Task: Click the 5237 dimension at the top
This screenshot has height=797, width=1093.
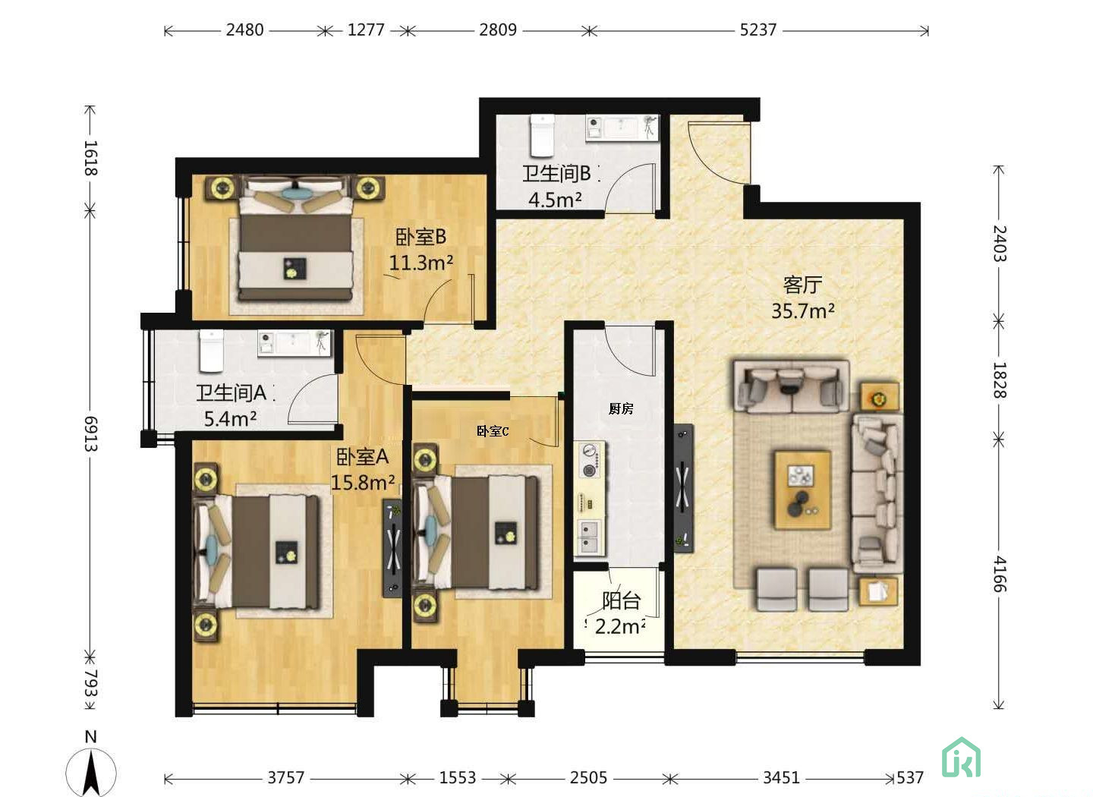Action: (758, 30)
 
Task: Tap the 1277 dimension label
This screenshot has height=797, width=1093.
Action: (366, 30)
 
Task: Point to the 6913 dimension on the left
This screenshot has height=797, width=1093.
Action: (91, 434)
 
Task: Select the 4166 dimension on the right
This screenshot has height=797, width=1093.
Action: (1000, 574)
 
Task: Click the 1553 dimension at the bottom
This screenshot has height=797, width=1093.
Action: (457, 777)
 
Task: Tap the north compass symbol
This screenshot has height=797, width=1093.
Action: (91, 766)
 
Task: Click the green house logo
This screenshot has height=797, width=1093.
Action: (961, 758)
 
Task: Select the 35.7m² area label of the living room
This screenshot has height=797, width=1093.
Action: (803, 310)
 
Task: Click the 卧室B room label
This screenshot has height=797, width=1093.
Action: (421, 237)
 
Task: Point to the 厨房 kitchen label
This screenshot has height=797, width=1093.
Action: (621, 408)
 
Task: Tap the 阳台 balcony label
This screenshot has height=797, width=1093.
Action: (621, 601)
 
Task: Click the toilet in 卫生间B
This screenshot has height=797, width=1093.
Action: (542, 136)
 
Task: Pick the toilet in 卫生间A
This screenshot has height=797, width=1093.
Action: (211, 350)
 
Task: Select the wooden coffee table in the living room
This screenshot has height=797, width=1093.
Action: (803, 490)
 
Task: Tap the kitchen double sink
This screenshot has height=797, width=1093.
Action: (589, 537)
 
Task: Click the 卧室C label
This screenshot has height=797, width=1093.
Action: (493, 431)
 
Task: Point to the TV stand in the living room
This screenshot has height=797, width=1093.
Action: (684, 487)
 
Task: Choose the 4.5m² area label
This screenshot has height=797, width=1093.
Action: (556, 200)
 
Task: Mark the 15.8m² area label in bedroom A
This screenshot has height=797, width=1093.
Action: (363, 483)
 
